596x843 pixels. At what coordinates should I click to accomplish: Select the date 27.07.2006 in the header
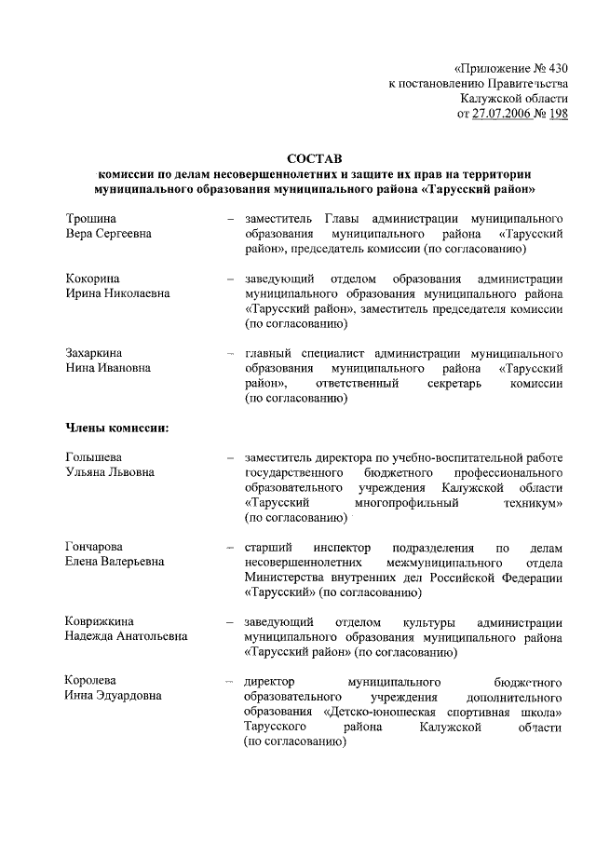coord(504,114)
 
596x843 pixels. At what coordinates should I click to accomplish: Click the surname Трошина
coord(90,218)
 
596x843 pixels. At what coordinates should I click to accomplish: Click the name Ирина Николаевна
coord(117,294)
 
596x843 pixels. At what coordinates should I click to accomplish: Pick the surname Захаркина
coord(95,353)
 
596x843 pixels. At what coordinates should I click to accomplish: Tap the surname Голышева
coord(94,457)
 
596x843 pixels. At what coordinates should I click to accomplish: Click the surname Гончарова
coord(95,547)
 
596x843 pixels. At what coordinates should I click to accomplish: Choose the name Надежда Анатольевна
coord(126,637)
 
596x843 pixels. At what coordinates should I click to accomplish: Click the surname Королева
coord(91,681)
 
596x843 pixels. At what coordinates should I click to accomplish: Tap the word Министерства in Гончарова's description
coord(289,578)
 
